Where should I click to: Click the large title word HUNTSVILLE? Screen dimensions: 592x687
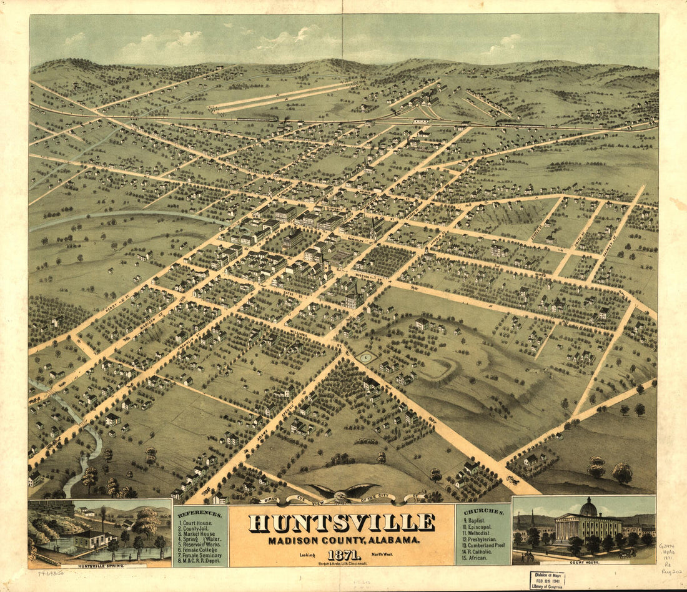[342, 523]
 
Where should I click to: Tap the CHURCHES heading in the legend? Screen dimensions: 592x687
[484, 511]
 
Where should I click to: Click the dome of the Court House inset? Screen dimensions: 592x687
[588, 506]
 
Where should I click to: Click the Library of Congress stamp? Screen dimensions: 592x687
[547, 580]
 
